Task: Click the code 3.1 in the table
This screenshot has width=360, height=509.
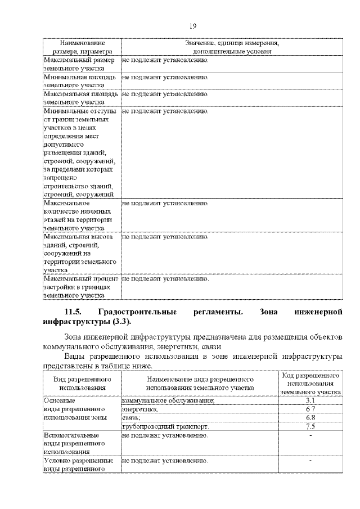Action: [x=310, y=400]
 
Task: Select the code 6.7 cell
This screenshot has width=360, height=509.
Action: [x=310, y=409]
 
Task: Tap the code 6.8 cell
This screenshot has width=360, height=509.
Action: [x=310, y=418]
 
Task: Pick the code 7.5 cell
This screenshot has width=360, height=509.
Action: [x=310, y=427]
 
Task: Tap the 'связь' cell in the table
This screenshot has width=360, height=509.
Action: [x=130, y=418]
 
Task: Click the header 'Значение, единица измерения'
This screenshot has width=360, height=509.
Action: [x=232, y=43]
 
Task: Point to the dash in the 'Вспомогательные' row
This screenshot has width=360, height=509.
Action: [x=310, y=435]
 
